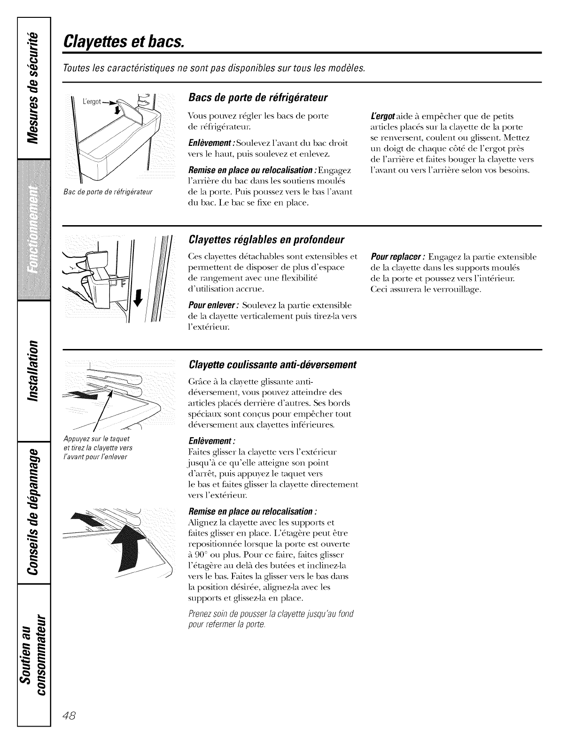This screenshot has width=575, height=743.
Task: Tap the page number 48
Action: (75, 703)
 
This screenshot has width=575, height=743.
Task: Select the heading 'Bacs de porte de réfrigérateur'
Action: (257, 98)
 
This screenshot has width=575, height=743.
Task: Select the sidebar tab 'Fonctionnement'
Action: (33, 230)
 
